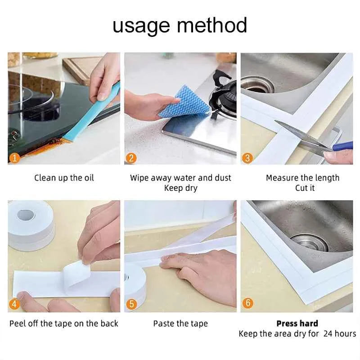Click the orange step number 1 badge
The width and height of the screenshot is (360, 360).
[15, 158]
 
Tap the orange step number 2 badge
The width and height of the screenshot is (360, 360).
[131, 158]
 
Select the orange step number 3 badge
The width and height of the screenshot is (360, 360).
[247, 158]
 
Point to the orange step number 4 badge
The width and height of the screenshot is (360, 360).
[14, 304]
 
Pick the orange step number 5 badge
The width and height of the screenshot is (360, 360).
[131, 304]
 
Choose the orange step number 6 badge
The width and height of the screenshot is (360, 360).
[248, 303]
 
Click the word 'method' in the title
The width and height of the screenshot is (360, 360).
[211, 25]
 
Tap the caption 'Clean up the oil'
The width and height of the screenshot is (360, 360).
[64, 178]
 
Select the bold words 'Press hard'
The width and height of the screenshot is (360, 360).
[297, 324]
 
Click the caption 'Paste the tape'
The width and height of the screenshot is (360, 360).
[180, 324]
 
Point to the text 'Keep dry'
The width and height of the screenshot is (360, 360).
[181, 188]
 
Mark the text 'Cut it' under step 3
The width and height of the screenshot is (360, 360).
[305, 188]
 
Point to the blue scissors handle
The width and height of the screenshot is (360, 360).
[342, 146]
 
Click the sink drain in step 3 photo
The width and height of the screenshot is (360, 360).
[257, 85]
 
